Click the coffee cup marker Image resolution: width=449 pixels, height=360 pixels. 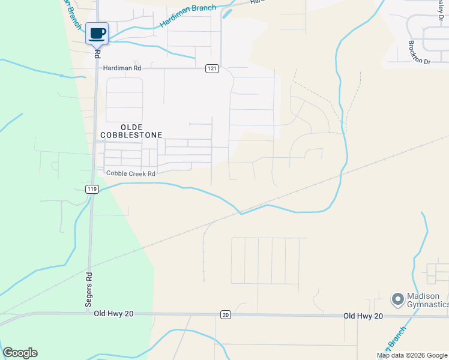(x=97, y=33)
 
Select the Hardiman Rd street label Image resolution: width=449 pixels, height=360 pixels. (x=122, y=69)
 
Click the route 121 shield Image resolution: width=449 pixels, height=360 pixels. (x=211, y=69)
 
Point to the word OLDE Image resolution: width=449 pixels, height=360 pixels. (x=131, y=127)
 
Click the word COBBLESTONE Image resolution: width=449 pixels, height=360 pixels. (x=140, y=136)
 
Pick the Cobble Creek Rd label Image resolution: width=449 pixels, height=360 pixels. (x=131, y=173)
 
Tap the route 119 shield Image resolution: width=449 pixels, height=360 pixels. (x=92, y=189)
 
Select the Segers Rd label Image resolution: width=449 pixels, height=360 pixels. (x=88, y=291)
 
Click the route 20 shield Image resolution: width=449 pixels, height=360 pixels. (x=225, y=314)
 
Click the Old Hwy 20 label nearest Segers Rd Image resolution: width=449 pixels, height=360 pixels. (x=112, y=313)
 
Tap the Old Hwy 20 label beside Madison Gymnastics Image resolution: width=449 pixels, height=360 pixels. (x=363, y=316)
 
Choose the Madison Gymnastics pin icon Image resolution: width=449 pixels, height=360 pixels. (x=397, y=299)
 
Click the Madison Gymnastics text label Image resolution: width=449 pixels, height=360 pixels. (x=427, y=300)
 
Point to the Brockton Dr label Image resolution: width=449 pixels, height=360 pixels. (x=419, y=53)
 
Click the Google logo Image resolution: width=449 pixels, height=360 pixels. (x=20, y=353)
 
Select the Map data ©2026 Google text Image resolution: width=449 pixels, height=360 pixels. (x=412, y=355)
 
